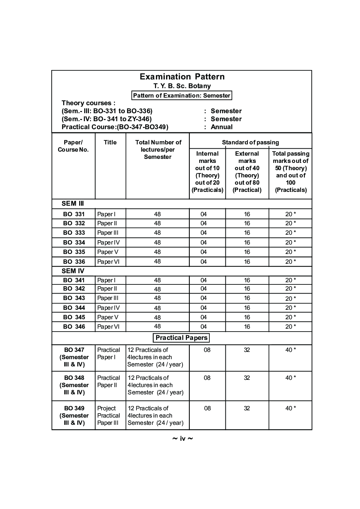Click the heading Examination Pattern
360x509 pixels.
pyautogui.click(x=182, y=77)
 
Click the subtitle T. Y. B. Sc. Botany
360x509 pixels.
pyautogui.click(x=182, y=86)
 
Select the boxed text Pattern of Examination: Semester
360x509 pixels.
pyautogui.click(x=181, y=95)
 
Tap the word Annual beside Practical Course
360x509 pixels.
pyautogui.click(x=221, y=127)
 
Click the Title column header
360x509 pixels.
pyautogui.click(x=110, y=142)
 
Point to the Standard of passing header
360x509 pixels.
pyautogui.click(x=250, y=142)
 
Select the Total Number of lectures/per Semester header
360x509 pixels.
pyautogui.click(x=158, y=149)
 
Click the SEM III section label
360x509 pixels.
pyautogui.click(x=73, y=204)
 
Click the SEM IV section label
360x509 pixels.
pyautogui.click(x=73, y=271)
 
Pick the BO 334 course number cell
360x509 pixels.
pyautogui.click(x=74, y=242)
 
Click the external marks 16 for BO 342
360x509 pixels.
pyautogui.click(x=247, y=289)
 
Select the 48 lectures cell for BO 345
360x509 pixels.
pyautogui.click(x=157, y=317)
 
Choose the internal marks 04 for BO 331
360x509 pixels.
pyautogui.click(x=204, y=214)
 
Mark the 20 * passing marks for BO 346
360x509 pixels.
pyautogui.click(x=290, y=327)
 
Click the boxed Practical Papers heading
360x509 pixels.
pyautogui.click(x=181, y=338)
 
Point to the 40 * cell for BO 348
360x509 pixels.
pyautogui.click(x=290, y=378)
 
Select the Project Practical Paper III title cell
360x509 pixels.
pyautogui.click(x=108, y=415)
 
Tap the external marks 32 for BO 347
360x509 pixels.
pyautogui.click(x=247, y=350)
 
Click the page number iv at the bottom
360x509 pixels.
pyautogui.click(x=183, y=439)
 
